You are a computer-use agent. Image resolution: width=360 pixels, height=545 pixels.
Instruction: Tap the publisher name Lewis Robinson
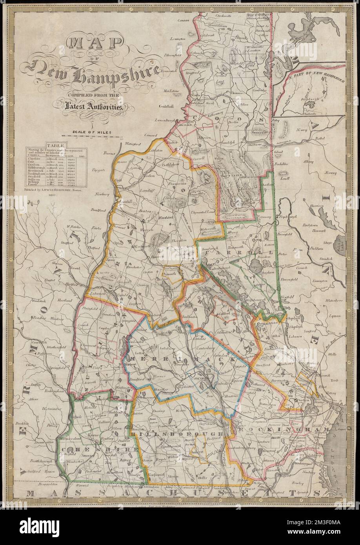[x=70, y=189]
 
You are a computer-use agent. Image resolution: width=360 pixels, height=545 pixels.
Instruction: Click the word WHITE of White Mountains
[x=222, y=159]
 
